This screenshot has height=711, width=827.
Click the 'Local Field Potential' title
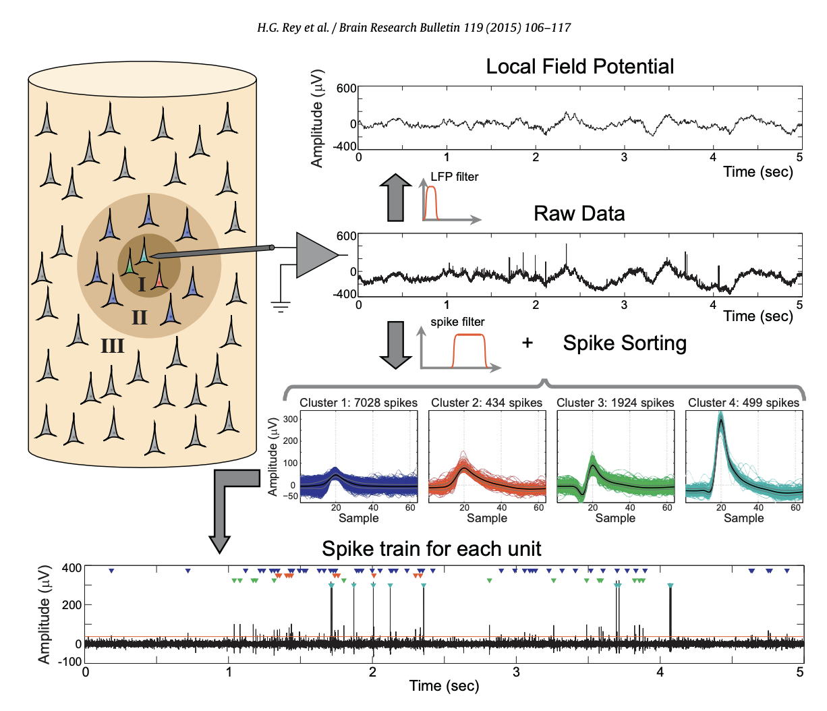coord(579,67)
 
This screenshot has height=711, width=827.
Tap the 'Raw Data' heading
coord(579,214)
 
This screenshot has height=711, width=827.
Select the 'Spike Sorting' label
coord(625,343)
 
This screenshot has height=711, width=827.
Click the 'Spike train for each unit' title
coord(431,548)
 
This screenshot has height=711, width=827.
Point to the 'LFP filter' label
coord(454,177)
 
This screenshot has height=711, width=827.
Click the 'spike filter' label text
coord(457,322)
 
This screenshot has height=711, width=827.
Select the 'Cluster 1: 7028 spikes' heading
coord(358,403)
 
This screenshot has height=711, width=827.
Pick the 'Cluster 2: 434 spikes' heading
coord(486,403)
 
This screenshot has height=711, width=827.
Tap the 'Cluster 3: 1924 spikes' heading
coord(615,403)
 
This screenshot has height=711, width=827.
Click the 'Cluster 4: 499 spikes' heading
coord(743,403)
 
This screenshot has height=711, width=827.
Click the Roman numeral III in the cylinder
coord(112,346)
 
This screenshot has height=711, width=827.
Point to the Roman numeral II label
coord(139,317)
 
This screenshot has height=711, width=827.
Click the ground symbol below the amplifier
coord(281,307)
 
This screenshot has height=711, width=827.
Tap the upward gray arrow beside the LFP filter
coord(395,197)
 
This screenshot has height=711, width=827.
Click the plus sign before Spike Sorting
coord(527,343)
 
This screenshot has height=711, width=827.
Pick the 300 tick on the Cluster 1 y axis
coord(290,420)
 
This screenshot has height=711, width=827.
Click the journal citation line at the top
coord(413,28)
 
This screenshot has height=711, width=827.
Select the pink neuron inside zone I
coord(159,277)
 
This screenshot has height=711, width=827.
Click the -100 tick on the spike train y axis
coord(69,662)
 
